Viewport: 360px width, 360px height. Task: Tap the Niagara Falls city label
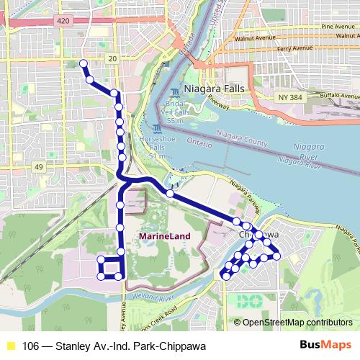(x=215, y=89)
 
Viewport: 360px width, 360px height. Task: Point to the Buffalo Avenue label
(x=340, y=95)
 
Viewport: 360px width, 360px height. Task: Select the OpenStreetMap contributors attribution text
(x=297, y=322)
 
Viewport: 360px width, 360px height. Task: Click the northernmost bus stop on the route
(x=83, y=64)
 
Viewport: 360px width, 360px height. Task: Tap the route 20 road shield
(x=112, y=58)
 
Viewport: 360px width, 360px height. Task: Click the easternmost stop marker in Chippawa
(x=276, y=256)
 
